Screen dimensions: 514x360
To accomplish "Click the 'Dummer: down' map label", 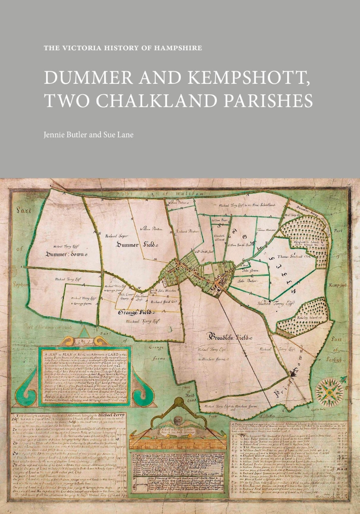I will click(67, 254).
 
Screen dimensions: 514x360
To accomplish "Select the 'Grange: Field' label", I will click(135, 312).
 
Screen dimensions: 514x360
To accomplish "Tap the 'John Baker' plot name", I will click(247, 281).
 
